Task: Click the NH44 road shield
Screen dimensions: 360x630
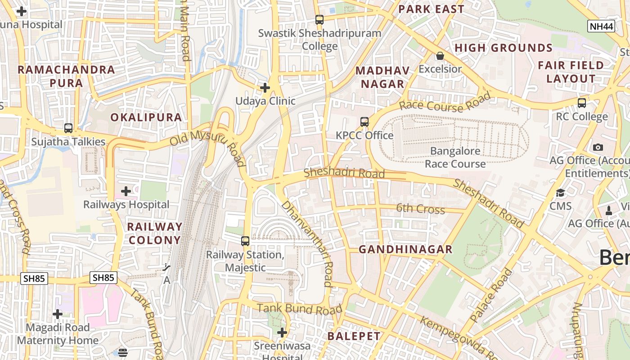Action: coord(601,26)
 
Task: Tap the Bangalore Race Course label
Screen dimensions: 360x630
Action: coord(455,157)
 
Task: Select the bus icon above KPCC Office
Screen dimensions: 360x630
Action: coord(364,121)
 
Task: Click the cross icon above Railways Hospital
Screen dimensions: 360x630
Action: coord(126,191)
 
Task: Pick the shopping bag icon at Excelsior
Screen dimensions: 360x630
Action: coord(440,56)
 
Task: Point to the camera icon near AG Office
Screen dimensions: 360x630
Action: coord(598,147)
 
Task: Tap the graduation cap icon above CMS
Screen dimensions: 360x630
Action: coord(560,193)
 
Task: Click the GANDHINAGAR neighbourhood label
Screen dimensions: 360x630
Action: coord(405,249)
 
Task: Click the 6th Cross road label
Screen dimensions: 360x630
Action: coord(420,209)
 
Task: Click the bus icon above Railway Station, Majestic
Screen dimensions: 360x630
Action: coord(245,241)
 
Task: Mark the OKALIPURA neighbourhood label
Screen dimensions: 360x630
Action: coord(146,117)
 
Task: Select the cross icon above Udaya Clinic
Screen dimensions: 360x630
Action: coord(265,87)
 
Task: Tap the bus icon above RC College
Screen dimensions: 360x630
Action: coord(582,103)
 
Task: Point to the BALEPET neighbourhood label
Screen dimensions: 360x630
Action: coord(354,336)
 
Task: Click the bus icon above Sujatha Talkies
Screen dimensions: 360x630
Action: coord(68,128)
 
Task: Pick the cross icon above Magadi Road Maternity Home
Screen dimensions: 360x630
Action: coord(58,314)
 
